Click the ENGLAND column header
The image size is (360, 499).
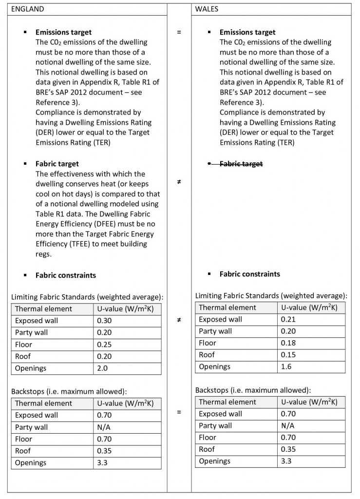pyautogui.click(x=27, y=9)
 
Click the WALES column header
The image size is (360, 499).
pyautogui.click(x=207, y=9)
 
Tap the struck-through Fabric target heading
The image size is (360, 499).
pyautogui.click(x=241, y=164)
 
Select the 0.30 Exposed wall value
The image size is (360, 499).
pyautogui.click(x=105, y=321)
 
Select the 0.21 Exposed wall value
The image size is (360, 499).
pyautogui.click(x=288, y=319)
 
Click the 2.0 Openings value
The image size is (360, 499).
pyautogui.click(x=103, y=368)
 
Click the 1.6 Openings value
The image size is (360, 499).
pyautogui.click(x=286, y=366)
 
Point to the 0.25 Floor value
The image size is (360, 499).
pyautogui.click(x=105, y=345)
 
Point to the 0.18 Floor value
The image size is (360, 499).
pyautogui.click(x=288, y=343)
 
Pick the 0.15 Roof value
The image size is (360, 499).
pyautogui.click(x=288, y=355)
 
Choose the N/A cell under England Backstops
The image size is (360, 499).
pyautogui.click(x=104, y=427)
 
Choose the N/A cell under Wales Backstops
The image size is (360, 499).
pyautogui.click(x=288, y=426)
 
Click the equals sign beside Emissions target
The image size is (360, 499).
pyautogui.click(x=179, y=32)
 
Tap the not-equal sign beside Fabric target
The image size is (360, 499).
pyautogui.click(x=179, y=181)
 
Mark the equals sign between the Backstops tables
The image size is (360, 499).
pyautogui.click(x=179, y=412)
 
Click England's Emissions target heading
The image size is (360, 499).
pyautogui.click(x=63, y=32)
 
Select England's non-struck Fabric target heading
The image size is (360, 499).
pyautogui.click(x=57, y=164)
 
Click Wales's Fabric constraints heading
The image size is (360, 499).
pyautogui.click(x=250, y=274)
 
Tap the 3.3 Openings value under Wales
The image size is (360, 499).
pyautogui.click(x=286, y=461)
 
